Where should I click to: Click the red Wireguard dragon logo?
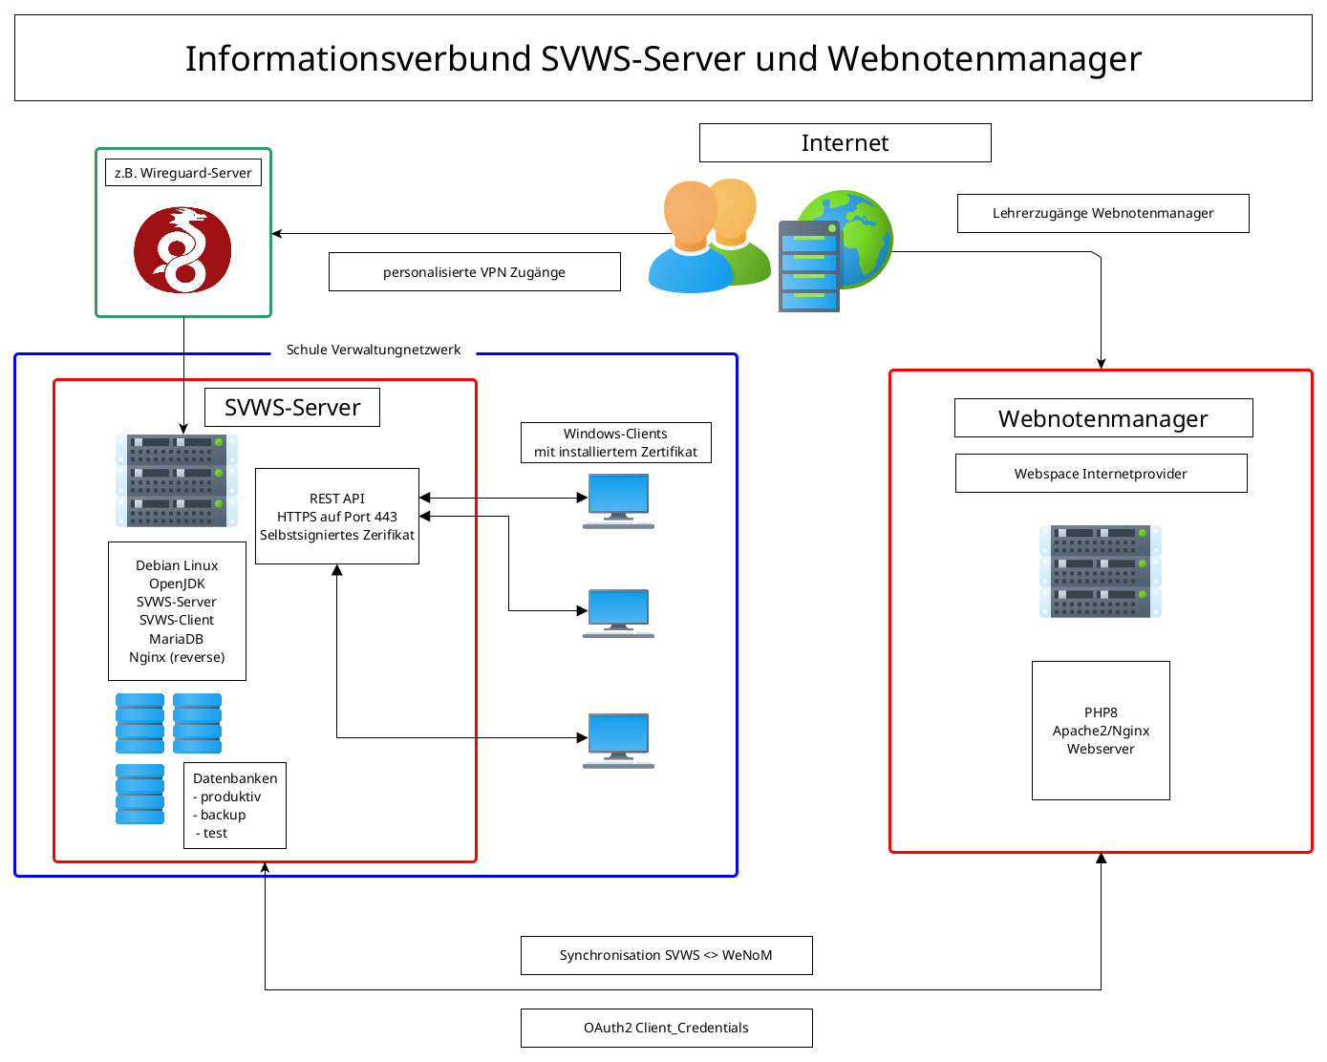tap(182, 250)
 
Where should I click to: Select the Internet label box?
tap(845, 143)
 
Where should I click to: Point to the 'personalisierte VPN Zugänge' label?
tap(474, 272)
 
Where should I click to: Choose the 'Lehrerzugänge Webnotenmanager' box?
tap(1102, 214)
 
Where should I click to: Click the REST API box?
tap(336, 516)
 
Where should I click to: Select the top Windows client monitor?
tap(618, 499)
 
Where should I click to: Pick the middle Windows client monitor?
tap(618, 612)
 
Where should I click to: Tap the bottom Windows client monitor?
tap(618, 738)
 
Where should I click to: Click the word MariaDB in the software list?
tap(176, 639)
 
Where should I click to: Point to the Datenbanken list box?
tap(235, 805)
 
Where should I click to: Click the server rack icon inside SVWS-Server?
tap(177, 480)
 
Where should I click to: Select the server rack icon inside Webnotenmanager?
tap(1100, 571)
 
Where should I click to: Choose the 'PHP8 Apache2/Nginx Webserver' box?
tap(1101, 731)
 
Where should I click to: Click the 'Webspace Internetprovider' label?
tap(1101, 474)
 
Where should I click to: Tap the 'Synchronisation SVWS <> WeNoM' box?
tap(666, 955)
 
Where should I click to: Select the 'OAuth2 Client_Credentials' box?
tap(666, 1028)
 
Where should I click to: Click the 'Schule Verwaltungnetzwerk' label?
tap(373, 350)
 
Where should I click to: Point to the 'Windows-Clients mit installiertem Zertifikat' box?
tap(615, 442)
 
